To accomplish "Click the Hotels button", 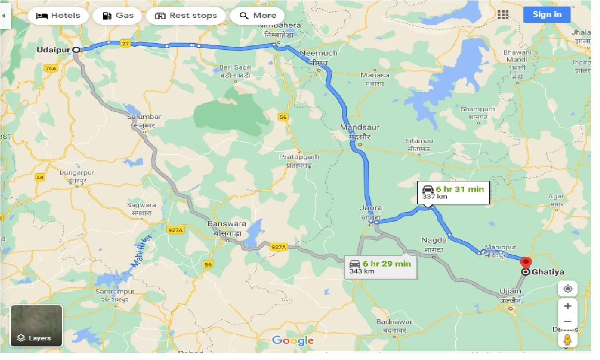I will click(58, 15).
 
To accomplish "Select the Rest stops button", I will click(186, 15).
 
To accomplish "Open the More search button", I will click(257, 15).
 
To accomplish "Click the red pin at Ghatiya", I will click(526, 262).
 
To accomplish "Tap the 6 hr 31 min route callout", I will click(453, 192).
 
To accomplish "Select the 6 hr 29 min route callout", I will click(380, 266).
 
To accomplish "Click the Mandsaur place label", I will click(360, 127).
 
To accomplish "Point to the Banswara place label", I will click(227, 224).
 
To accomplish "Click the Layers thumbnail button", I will click(36, 326).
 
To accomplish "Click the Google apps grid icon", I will click(503, 15).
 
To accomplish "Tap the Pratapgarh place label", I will click(299, 157).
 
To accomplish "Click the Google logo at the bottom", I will click(293, 340).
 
